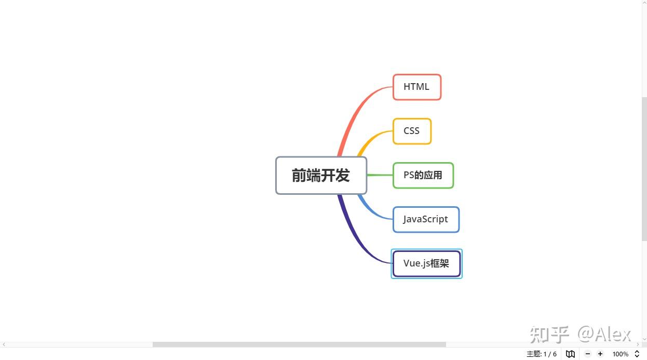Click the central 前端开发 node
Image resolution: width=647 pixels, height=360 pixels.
click(321, 176)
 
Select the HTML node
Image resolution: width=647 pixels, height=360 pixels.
click(416, 87)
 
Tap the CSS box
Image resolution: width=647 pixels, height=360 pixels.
click(412, 131)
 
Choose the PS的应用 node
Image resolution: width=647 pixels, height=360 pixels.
click(423, 175)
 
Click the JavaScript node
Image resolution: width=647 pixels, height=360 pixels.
click(426, 219)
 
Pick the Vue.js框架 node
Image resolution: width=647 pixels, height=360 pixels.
click(426, 263)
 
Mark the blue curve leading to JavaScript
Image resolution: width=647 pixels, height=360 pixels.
click(370, 209)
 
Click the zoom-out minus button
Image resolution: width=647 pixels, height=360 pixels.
click(588, 354)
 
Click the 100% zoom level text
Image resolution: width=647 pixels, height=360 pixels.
click(620, 354)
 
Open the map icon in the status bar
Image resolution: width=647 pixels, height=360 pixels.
click(570, 354)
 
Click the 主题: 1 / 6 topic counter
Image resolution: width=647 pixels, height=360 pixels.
click(541, 354)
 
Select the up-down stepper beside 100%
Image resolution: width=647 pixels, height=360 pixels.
click(637, 354)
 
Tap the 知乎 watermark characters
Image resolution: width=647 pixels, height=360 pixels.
click(549, 335)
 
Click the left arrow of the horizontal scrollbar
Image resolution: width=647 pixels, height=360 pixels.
click(4, 344)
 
